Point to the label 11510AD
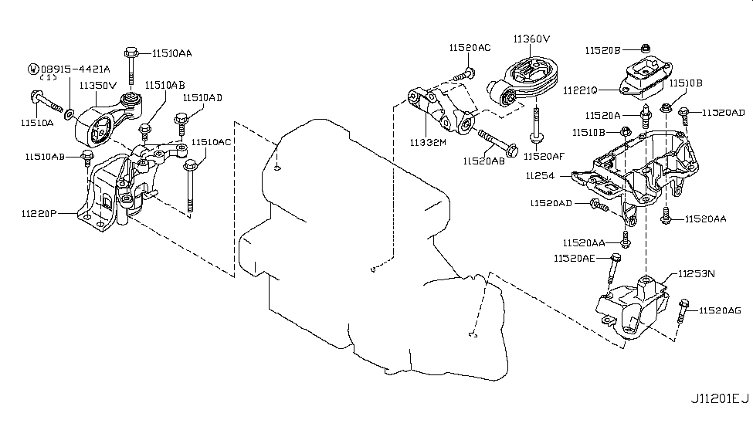click(x=202, y=98)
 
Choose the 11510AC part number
click(x=211, y=142)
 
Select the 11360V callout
click(x=531, y=38)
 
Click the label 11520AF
click(x=544, y=156)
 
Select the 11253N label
click(x=697, y=273)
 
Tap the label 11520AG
click(x=719, y=310)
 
